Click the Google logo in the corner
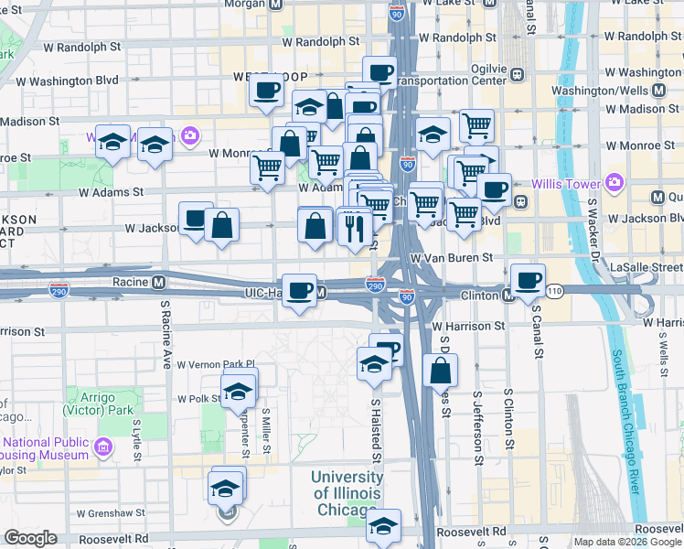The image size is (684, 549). coord(30,538)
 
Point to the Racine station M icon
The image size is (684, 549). coord(158,282)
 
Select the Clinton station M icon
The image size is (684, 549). coord(507,295)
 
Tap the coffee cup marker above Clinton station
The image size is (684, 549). coord(527,280)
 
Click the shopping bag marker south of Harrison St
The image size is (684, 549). coord(440,371)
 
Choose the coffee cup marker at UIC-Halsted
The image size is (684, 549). coord(299,291)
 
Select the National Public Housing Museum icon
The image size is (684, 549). coord(103,447)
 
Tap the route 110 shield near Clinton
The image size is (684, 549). coord(554,290)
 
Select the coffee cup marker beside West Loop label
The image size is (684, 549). coord(267,91)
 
